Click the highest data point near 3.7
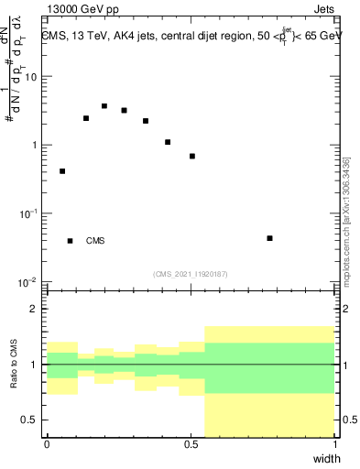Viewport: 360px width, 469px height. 104,106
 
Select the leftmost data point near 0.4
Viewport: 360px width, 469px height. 62,171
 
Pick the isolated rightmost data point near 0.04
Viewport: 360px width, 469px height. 269,238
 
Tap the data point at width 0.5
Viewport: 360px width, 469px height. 192,157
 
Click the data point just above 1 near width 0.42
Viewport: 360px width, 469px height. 168,142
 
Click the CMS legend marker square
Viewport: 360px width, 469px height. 71,241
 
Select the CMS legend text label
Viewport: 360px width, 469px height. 95,241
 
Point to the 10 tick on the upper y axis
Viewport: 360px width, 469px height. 33,77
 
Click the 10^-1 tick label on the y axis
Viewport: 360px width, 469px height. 29,213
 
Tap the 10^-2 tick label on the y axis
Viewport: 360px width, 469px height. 29,282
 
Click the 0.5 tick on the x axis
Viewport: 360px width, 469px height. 190,446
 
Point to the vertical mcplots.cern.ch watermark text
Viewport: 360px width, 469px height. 346,220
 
